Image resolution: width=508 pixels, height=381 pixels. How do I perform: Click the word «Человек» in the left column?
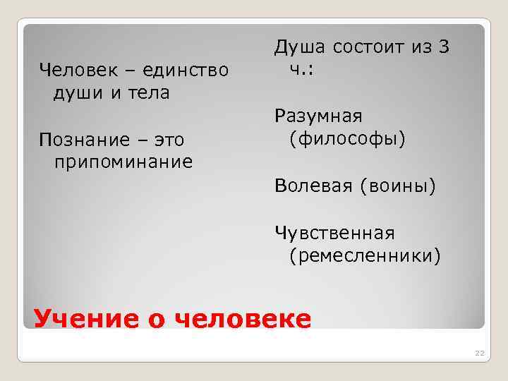(71, 70)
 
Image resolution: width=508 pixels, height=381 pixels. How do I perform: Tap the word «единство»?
(186, 70)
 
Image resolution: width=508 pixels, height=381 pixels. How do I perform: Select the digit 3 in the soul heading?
(443, 47)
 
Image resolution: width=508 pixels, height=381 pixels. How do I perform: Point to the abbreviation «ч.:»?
(301, 70)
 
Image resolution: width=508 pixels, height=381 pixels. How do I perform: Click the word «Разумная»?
(318, 116)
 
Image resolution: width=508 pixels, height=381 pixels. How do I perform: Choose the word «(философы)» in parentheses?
(347, 139)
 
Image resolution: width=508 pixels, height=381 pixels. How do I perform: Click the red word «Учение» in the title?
(79, 319)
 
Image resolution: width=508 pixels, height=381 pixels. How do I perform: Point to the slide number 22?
(480, 353)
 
